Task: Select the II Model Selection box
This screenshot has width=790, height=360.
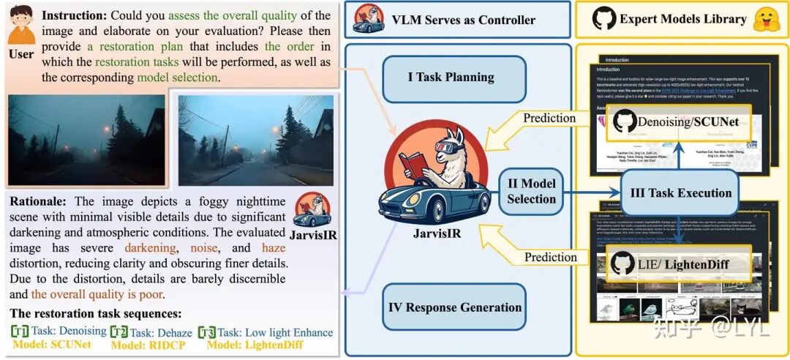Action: click(x=532, y=191)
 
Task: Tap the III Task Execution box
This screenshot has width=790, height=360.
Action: click(x=680, y=193)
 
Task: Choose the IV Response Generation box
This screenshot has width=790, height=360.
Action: click(x=454, y=307)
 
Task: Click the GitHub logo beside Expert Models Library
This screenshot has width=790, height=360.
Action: click(x=604, y=20)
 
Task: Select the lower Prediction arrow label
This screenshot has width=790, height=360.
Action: click(x=550, y=257)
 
